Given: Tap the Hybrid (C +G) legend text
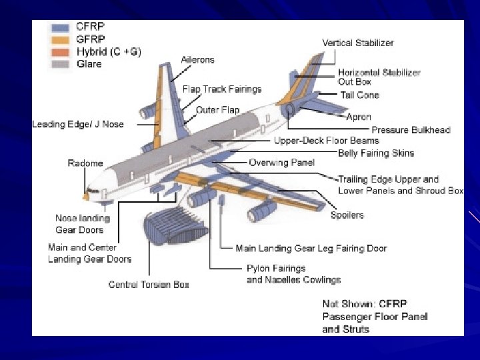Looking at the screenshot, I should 109,51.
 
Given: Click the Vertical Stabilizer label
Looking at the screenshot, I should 358,43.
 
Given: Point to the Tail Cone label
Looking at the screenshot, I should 359,95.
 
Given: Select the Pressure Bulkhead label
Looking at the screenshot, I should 411,130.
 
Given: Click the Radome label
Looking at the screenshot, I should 85,163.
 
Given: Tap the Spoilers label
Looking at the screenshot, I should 347,215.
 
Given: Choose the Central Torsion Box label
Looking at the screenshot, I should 149,285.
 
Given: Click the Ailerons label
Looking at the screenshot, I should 198,60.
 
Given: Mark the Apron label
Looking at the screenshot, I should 359,117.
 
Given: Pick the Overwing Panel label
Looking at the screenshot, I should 281,163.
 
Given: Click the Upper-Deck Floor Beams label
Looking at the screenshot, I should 326,141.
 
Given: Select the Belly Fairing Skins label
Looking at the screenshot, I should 376,153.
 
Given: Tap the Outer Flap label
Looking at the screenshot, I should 217,110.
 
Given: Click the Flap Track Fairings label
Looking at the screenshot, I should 222,89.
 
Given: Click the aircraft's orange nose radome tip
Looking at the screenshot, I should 85,197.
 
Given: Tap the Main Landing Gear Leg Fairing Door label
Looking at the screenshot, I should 311,248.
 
